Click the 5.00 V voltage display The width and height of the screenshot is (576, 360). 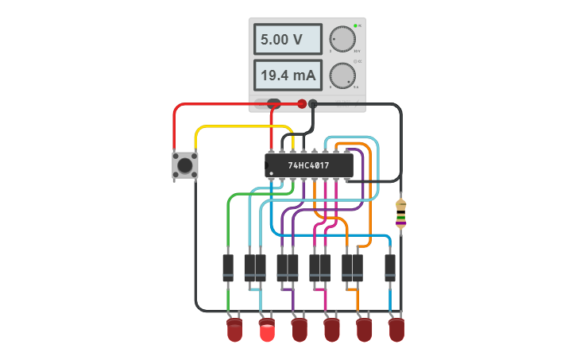[x=288, y=39]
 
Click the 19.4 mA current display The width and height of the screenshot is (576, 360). [x=288, y=75]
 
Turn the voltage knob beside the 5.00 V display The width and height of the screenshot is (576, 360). [x=342, y=39]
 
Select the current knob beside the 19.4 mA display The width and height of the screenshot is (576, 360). [x=342, y=75]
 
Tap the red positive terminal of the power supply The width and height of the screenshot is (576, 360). [x=302, y=103]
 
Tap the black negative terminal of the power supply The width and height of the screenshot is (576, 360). [x=313, y=103]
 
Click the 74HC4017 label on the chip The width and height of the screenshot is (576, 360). [x=308, y=166]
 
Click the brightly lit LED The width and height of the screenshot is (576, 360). [x=267, y=331]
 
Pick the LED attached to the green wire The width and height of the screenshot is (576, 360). [x=234, y=331]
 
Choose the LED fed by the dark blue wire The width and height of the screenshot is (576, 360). [x=396, y=331]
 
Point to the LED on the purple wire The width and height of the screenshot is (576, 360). [x=300, y=331]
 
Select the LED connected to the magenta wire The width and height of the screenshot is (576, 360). [x=331, y=331]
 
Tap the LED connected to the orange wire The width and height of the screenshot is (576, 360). [x=364, y=331]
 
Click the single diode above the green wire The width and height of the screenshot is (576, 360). [x=228, y=267]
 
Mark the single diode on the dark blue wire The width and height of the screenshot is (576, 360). [x=390, y=267]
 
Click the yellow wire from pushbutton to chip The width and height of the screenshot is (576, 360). [x=238, y=126]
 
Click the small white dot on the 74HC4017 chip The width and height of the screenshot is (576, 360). [x=272, y=172]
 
